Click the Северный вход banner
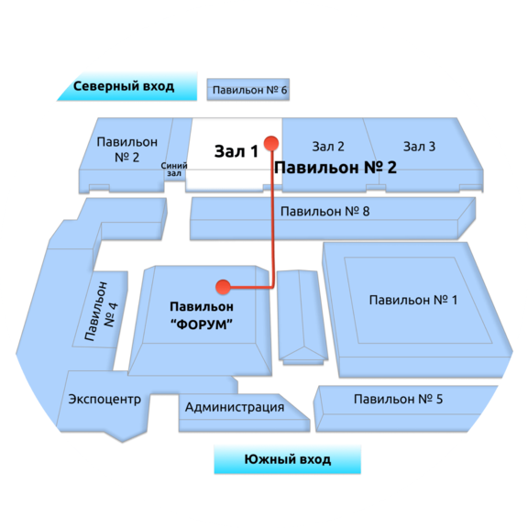(x=127, y=86)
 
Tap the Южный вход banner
(x=288, y=459)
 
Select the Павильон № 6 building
(x=248, y=90)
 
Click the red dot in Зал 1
(x=271, y=143)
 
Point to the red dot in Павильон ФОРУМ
(x=223, y=287)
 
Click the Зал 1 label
(x=236, y=151)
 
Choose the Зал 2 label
(x=328, y=147)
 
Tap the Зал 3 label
(x=419, y=147)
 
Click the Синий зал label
(x=174, y=170)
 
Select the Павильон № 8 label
(x=324, y=212)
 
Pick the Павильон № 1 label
(x=413, y=300)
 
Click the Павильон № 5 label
(x=398, y=399)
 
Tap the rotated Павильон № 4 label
(x=101, y=312)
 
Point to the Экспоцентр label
(x=104, y=400)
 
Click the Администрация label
(x=235, y=407)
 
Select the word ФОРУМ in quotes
(x=202, y=324)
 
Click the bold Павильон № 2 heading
(x=335, y=168)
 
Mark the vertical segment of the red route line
(x=272, y=215)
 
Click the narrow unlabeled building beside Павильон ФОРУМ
(x=302, y=317)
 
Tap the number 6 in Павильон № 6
(x=283, y=90)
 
